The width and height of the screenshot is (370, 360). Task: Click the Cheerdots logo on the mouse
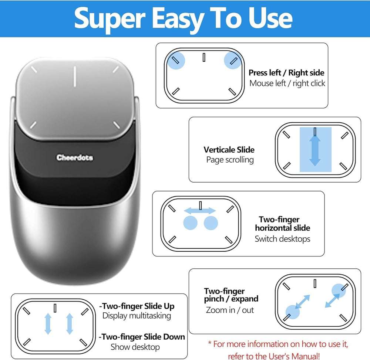point(75,158)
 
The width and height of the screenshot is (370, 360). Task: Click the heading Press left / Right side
point(286,73)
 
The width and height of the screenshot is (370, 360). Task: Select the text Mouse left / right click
point(287,84)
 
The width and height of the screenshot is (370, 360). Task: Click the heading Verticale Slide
point(229,150)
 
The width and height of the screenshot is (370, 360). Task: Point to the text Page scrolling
point(230,160)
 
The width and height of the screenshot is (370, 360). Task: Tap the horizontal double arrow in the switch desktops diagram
point(200,211)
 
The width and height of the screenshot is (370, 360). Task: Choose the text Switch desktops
point(282,239)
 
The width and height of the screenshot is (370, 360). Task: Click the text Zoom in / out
point(230,310)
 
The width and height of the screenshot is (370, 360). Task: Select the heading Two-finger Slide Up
point(137,306)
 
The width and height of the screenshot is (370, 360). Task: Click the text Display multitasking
point(137,316)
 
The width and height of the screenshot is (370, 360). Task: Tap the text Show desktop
point(135,347)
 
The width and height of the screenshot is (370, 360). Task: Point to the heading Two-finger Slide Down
point(142,337)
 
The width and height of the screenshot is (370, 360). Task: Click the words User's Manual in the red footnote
point(291,356)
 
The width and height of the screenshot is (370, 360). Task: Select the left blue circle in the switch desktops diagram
point(191,223)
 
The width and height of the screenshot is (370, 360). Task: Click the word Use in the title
point(270,18)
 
